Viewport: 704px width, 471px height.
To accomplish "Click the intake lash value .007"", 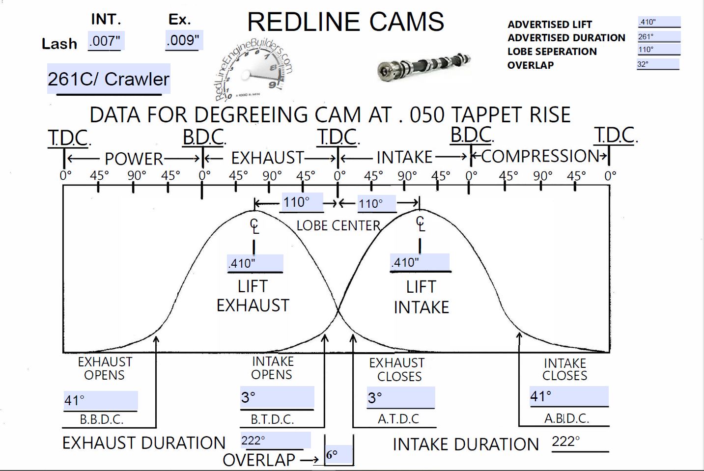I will click(x=105, y=41).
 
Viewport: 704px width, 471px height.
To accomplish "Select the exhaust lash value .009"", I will click(x=183, y=40).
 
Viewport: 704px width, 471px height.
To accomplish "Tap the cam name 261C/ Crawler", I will click(x=109, y=79).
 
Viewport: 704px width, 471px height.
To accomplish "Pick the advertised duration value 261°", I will click(x=646, y=37).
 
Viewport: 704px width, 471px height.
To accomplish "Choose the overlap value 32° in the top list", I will click(x=643, y=64).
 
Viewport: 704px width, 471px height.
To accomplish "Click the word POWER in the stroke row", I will click(x=134, y=159).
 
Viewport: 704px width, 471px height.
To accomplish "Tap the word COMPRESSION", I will click(x=540, y=156).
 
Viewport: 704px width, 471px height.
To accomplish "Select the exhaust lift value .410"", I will click(x=242, y=263).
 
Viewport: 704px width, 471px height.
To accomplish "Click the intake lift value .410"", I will click(x=406, y=262).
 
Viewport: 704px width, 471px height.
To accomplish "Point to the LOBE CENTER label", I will click(x=338, y=226).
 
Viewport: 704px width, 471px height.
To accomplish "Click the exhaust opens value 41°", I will click(x=75, y=401).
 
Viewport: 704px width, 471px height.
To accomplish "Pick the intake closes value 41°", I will click(x=541, y=396).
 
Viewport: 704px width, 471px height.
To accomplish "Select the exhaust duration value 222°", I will click(x=253, y=441).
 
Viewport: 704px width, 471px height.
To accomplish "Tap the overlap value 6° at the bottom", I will click(x=332, y=455).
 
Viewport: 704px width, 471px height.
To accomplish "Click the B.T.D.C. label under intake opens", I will click(x=272, y=419).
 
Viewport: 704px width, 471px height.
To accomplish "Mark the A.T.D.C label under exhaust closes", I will click(x=398, y=419).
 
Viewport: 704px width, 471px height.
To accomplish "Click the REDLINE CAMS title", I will click(x=345, y=22).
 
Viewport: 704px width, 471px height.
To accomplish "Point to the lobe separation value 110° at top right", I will click(x=646, y=50).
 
